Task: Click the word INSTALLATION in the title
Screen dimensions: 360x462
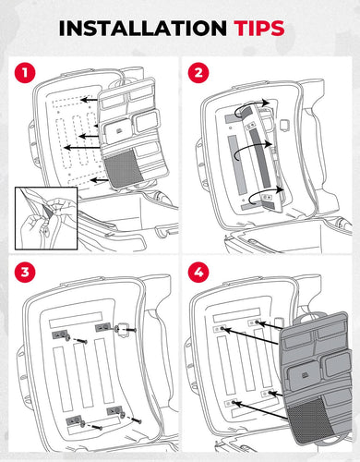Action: coord(143,29)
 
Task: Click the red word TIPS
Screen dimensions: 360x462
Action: coord(259,29)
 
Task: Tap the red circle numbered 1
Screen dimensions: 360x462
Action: coord(25,73)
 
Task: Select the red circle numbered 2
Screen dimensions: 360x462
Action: coord(198,73)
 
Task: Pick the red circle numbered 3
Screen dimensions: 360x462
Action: coord(25,273)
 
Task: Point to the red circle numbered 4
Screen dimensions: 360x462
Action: coord(198,273)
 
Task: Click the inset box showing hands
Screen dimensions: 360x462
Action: coord(46,218)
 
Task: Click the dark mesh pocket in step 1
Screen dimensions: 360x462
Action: coord(123,168)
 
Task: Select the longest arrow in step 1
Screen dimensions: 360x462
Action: coord(82,147)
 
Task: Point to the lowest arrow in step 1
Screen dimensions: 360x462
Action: coord(100,179)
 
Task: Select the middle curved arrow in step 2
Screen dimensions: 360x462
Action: coord(252,147)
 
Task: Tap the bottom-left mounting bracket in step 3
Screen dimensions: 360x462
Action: coord(74,419)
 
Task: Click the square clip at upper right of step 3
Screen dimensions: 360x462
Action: coord(123,330)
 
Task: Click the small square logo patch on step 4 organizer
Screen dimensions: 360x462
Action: coord(306,375)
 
